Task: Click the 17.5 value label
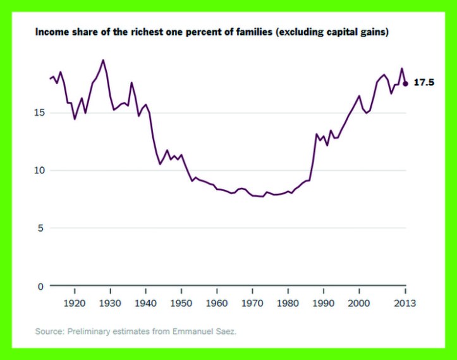point(423,83)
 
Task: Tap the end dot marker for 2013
point(405,84)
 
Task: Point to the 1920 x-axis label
point(75,303)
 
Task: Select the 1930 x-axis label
point(110,303)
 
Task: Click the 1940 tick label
point(145,303)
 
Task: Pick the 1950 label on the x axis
point(181,303)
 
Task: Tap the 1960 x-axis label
point(217,303)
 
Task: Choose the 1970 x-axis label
point(252,303)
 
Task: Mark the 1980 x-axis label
point(288,303)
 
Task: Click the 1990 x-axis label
point(324,303)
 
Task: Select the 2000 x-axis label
point(359,303)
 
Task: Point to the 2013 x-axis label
point(405,303)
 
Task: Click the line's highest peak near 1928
point(103,60)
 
